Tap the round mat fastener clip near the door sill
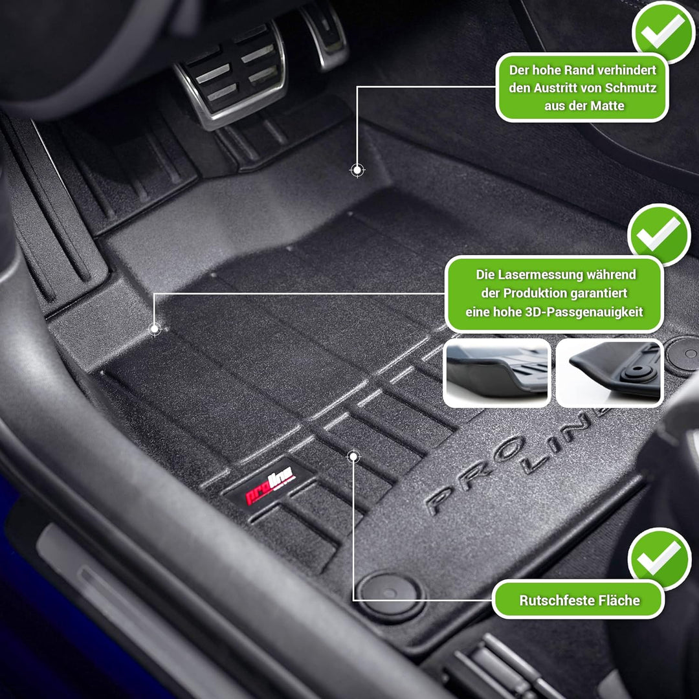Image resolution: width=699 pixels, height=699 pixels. point(390,592)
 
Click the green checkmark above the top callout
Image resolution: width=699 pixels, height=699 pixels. point(663,30)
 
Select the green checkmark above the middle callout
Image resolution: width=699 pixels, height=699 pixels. point(660,234)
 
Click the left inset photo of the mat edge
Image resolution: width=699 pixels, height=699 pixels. point(497,373)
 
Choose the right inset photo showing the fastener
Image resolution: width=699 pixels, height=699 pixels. point(610,373)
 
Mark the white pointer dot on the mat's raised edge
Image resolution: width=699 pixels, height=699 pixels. point(357,170)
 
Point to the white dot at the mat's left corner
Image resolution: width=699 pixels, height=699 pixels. point(155,329)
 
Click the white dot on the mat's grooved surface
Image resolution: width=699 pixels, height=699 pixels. point(353,457)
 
